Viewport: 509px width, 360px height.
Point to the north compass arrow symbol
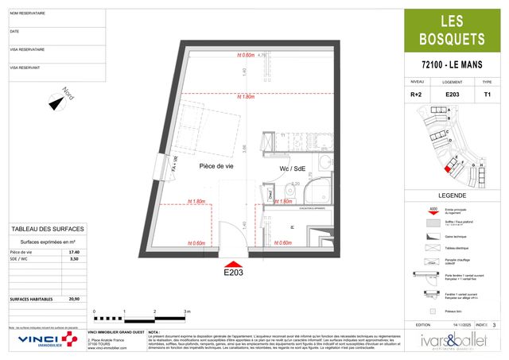56,102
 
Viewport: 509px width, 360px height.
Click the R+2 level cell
416,95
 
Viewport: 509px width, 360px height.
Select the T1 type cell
488,95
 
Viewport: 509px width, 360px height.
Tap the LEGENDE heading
452,195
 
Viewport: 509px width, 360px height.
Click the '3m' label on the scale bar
186,311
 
